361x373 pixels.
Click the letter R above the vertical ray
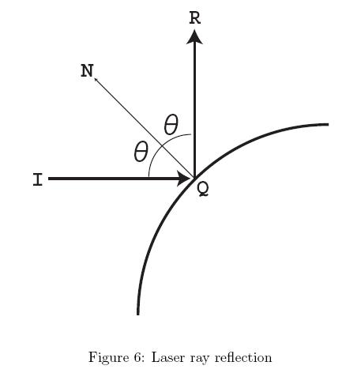coord(195,18)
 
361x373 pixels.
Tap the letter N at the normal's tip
coord(87,71)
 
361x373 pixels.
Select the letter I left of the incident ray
coord(38,179)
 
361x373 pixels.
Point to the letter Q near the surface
coord(203,190)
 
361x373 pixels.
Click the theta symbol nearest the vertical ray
coord(171,124)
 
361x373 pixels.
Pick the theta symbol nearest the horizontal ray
coord(141,152)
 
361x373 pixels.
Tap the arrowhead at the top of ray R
coord(194,36)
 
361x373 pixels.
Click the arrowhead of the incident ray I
coord(184,179)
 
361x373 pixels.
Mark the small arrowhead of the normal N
coord(96,79)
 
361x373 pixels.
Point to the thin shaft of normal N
coord(145,128)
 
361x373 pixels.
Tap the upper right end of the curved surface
coord(328,124)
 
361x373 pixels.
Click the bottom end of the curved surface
coord(138,315)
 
